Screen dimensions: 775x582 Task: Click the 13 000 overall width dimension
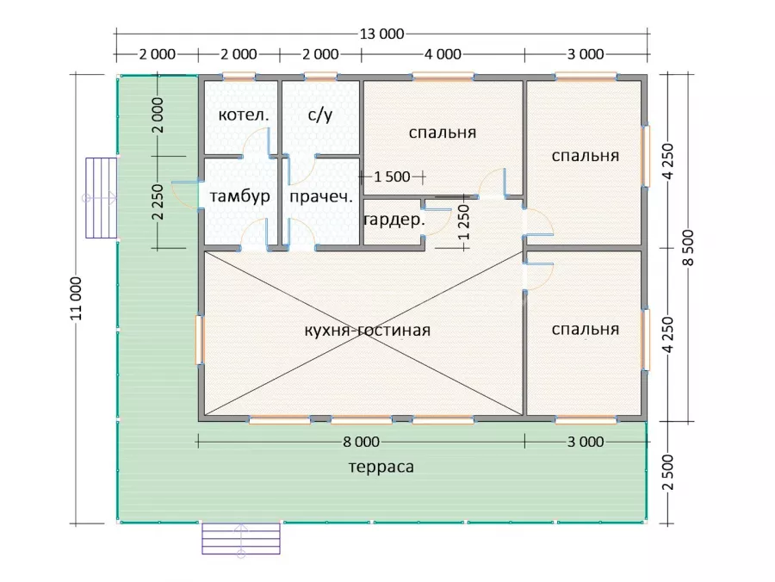click(x=381, y=34)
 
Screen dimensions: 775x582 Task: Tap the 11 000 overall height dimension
click(x=76, y=299)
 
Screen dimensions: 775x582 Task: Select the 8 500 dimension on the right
click(x=688, y=248)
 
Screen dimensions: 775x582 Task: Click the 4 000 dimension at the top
click(x=443, y=54)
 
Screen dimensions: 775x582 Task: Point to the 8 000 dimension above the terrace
click(x=362, y=442)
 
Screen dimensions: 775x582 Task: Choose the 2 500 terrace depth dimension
click(x=667, y=473)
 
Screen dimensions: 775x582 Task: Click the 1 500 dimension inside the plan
click(x=392, y=176)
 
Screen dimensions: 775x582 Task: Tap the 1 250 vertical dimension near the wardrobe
click(x=463, y=222)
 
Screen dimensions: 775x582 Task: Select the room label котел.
click(x=244, y=115)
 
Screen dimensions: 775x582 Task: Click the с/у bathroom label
click(x=320, y=115)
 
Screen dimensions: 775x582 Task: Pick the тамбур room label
click(x=239, y=196)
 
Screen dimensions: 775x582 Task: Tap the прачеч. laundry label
click(x=321, y=196)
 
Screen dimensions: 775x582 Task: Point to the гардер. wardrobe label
click(x=394, y=220)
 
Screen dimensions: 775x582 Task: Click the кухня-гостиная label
click(x=367, y=330)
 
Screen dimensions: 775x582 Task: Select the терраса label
click(x=381, y=467)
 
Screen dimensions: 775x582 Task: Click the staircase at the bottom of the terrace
click(x=241, y=539)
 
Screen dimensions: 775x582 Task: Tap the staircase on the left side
click(x=102, y=198)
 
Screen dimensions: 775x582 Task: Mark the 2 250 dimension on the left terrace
click(x=158, y=202)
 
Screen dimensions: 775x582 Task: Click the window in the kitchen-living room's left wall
click(x=200, y=340)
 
